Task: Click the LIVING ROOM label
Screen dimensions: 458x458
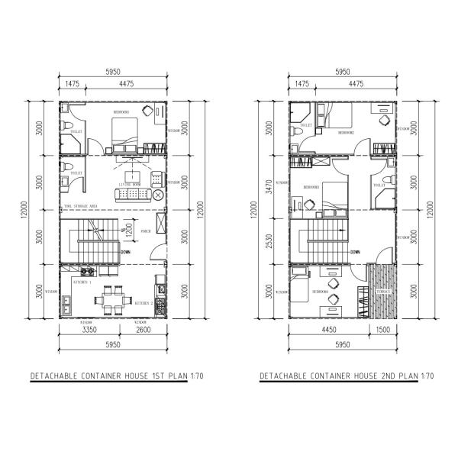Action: click(132, 185)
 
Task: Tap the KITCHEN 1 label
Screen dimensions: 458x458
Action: click(82, 282)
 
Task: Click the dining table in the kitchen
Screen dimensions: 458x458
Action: click(115, 295)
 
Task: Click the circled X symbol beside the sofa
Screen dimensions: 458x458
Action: click(158, 196)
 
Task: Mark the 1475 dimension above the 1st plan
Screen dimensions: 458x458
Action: click(73, 84)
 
